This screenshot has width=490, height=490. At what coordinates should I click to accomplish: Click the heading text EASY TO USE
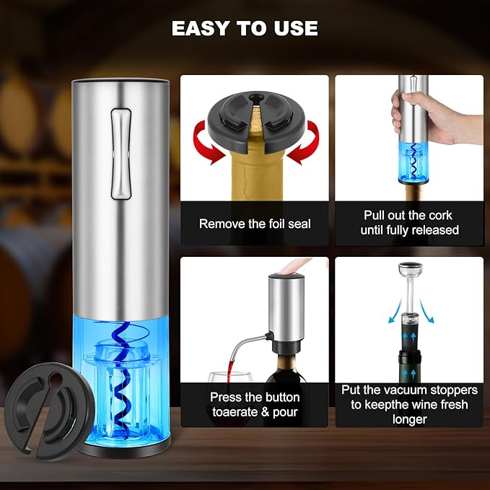click(245, 28)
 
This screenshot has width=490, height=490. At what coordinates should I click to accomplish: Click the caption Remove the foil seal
click(255, 224)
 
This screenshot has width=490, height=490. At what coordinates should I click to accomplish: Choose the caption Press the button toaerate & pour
click(255, 406)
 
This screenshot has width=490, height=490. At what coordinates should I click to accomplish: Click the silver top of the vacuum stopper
click(409, 273)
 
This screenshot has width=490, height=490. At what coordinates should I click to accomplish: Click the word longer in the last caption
click(409, 419)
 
